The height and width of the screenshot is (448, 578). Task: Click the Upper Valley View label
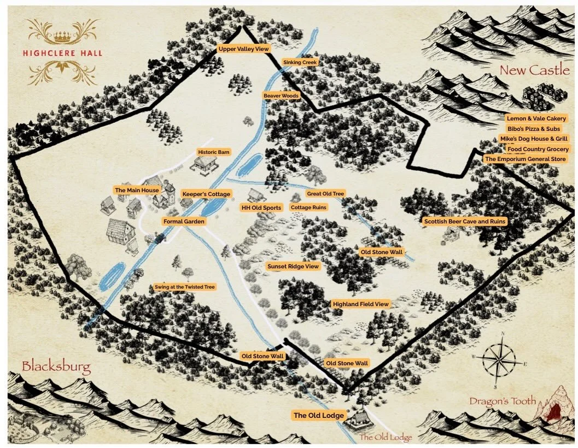point(244,49)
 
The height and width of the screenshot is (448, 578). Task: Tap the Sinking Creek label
point(300,62)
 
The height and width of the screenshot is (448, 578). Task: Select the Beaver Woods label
point(281,96)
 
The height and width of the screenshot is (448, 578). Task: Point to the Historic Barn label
point(213,152)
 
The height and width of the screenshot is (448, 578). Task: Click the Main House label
point(137,190)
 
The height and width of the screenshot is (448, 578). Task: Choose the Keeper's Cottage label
point(206,194)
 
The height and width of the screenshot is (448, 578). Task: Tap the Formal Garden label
point(184,221)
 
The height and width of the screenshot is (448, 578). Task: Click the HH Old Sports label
point(261,208)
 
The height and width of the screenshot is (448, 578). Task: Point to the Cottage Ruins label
point(308,208)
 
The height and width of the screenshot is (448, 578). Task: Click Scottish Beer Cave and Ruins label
point(465,221)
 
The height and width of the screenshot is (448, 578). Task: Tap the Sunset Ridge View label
point(293,266)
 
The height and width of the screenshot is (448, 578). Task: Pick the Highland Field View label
point(360,303)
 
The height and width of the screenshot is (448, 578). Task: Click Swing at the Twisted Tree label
point(185,287)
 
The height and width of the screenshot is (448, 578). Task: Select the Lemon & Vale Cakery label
point(536,118)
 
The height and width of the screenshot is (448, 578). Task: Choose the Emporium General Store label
point(526,159)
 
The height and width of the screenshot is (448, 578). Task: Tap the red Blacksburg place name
point(56,366)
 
